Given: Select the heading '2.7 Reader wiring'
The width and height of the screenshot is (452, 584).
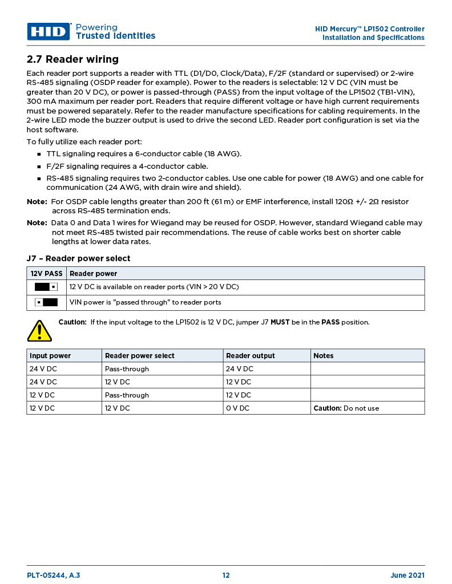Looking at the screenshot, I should pyautogui.click(x=72, y=59).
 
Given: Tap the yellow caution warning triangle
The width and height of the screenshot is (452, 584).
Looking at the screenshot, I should pyautogui.click(x=39, y=330).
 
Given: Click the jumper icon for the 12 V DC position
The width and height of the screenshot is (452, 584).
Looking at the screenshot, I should pyautogui.click(x=46, y=287).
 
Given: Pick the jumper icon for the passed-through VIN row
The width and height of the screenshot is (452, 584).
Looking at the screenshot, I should pyautogui.click(x=46, y=302).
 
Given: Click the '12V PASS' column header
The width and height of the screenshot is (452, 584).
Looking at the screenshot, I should pyautogui.click(x=46, y=273).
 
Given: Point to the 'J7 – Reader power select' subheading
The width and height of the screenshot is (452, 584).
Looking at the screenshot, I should pyautogui.click(x=78, y=258).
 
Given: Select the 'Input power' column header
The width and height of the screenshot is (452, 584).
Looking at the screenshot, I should pyautogui.click(x=50, y=355).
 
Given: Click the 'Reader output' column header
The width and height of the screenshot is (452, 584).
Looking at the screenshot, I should pyautogui.click(x=250, y=355).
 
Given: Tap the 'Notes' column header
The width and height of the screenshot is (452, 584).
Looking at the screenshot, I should pyautogui.click(x=323, y=355).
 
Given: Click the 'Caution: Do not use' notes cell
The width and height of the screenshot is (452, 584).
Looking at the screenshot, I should pyautogui.click(x=346, y=408).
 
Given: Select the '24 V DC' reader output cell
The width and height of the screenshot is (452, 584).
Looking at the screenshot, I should pyautogui.click(x=239, y=369).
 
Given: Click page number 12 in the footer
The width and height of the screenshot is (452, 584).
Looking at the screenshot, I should pyautogui.click(x=226, y=575).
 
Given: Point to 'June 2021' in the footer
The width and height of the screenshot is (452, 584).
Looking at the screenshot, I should pyautogui.click(x=407, y=575).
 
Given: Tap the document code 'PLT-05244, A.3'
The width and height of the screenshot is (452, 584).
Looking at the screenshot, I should pyautogui.click(x=53, y=575).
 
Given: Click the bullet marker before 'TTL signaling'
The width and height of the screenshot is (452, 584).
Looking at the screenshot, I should pyautogui.click(x=39, y=155).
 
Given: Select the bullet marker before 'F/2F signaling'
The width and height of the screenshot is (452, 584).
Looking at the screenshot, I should pyautogui.click(x=39, y=167).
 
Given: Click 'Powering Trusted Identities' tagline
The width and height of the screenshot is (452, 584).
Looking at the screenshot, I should pyautogui.click(x=115, y=31).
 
